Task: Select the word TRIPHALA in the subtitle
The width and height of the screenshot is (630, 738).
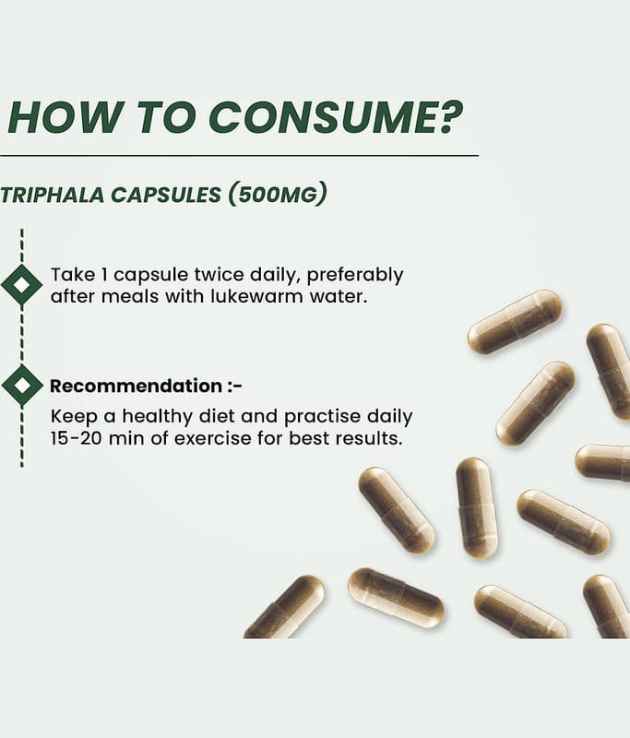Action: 53,196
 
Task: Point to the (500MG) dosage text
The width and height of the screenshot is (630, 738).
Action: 277,195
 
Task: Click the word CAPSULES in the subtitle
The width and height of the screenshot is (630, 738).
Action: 166,196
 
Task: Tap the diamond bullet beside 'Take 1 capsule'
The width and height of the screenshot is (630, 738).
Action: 21,284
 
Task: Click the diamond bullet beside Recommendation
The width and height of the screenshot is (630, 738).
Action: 21,385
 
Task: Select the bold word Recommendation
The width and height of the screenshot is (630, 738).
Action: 136,386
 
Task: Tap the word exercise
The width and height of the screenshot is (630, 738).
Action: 213,438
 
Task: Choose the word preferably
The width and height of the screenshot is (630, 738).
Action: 355,276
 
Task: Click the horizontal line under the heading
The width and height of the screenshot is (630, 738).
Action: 239,155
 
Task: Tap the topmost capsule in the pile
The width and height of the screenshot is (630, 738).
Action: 515,322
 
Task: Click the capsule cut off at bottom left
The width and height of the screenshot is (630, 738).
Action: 285,607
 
